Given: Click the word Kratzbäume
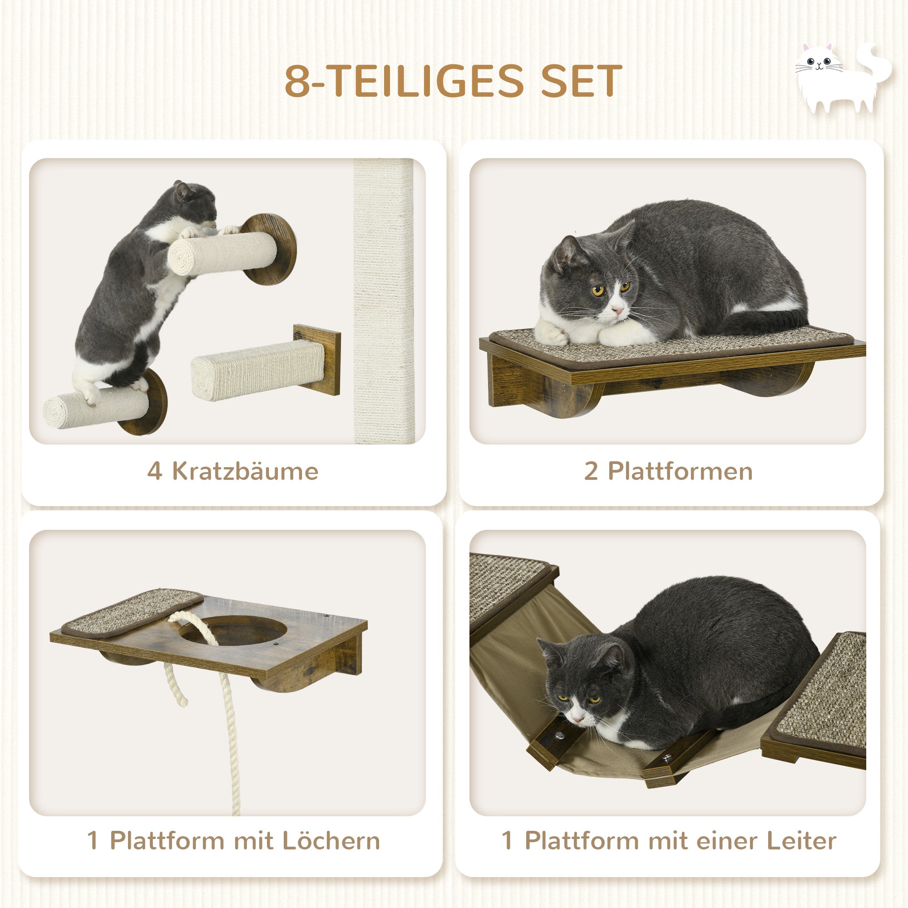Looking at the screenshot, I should pos(245,471).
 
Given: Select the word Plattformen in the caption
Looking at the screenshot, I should pos(680,471).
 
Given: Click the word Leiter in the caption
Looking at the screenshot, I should pos(801,841).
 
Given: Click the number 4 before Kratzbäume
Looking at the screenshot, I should pos(155,471).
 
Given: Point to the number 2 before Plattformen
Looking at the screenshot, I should pos(591,471).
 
